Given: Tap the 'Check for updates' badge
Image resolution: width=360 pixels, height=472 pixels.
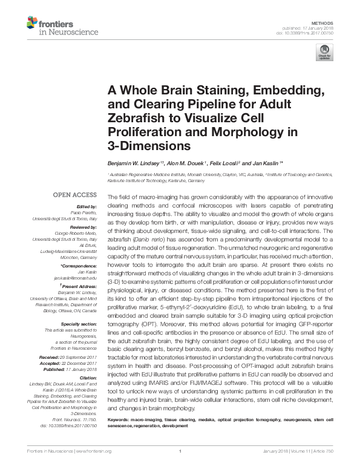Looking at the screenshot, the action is point(324,54).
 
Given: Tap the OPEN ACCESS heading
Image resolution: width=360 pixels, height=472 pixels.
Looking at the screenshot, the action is point(74,195).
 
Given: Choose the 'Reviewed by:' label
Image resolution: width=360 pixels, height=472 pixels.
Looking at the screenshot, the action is point(83,225).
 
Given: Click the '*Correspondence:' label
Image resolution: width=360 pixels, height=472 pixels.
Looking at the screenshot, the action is point(79,266).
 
